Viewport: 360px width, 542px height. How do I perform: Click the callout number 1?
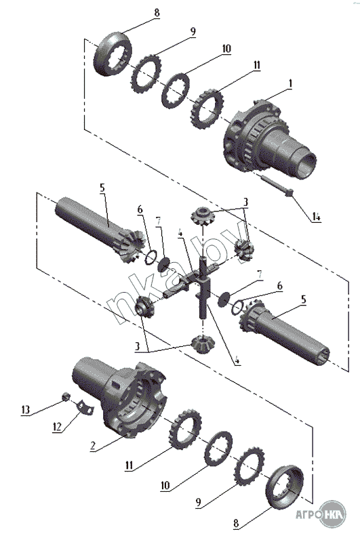290,83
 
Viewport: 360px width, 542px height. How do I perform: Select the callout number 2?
93,446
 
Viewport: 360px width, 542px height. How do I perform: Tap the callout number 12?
57,427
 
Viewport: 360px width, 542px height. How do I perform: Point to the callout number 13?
25,410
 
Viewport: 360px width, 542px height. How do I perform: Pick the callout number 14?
317,217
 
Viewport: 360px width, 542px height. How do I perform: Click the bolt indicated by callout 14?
277,185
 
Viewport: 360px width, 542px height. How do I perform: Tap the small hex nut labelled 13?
66,397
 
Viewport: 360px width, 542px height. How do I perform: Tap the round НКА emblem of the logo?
333,514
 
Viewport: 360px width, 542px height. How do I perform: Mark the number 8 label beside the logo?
236,523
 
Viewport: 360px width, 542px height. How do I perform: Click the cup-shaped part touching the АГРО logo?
284,487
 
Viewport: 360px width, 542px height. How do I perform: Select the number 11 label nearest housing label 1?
256,65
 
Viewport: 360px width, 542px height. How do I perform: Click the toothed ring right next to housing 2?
186,429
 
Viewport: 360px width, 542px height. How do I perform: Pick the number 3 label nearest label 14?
245,201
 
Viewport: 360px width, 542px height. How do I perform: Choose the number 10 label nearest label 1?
226,49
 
